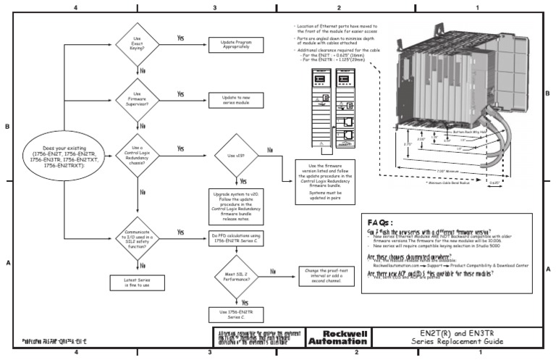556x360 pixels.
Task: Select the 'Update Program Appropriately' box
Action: click(232, 45)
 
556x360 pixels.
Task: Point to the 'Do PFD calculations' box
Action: click(236, 237)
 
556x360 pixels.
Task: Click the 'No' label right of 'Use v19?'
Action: click(270, 150)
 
